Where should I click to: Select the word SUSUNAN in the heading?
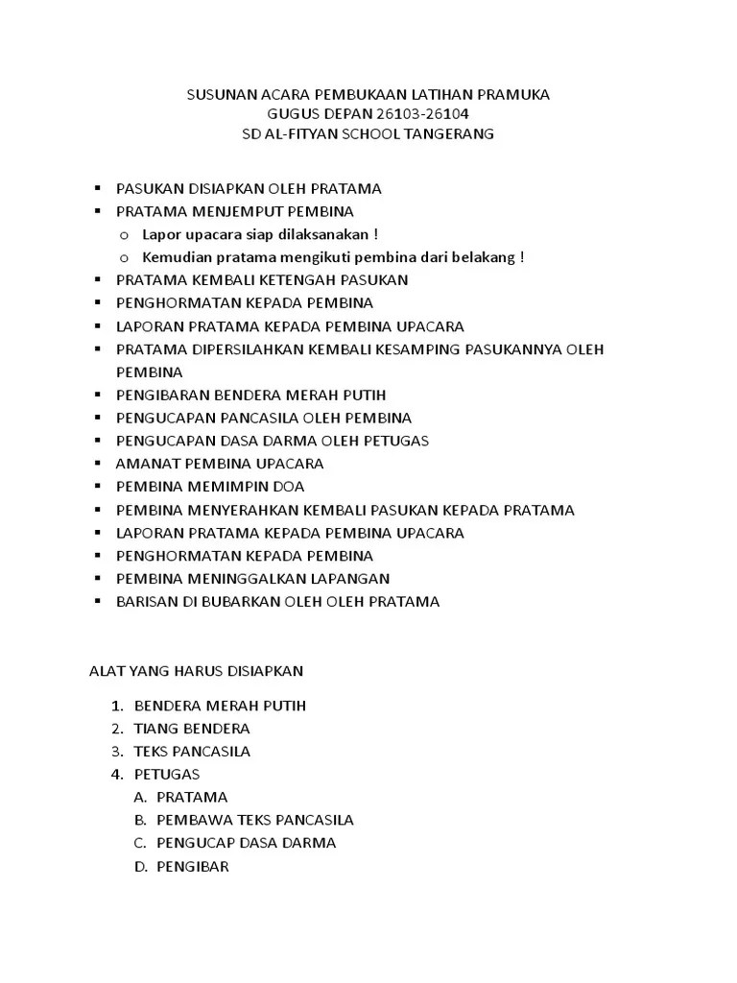coord(217,95)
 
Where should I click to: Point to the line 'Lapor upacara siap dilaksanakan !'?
coord(260,234)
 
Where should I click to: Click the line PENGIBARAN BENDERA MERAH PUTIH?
coord(250,396)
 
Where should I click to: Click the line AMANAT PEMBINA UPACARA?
coord(220,464)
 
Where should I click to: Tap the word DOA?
coord(287,487)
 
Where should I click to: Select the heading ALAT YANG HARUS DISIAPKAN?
coord(196,670)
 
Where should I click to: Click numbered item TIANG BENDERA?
coord(192,729)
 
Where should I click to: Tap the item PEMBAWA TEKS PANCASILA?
coord(255,820)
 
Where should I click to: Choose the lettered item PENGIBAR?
coord(193,866)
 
